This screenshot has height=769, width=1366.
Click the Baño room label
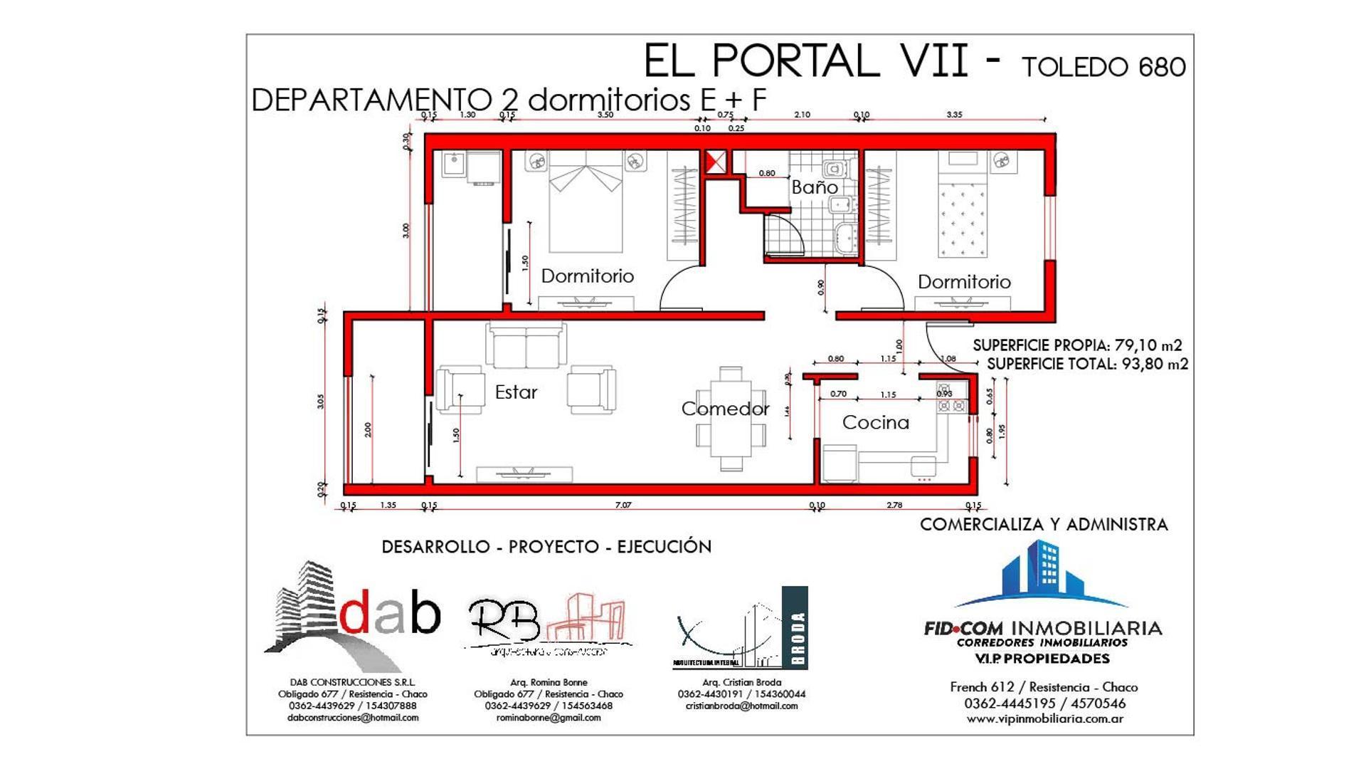(814, 187)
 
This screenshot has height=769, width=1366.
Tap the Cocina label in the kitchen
(875, 422)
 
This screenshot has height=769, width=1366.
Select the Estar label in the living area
(516, 392)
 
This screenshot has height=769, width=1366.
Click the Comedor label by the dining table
(725, 409)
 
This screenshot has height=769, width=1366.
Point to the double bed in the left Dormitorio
(586, 206)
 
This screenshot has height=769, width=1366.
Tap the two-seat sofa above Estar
(526, 347)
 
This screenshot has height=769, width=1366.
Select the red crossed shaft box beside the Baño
(716, 162)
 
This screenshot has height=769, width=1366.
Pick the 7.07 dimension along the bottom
(623, 505)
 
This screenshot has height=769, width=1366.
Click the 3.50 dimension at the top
(605, 115)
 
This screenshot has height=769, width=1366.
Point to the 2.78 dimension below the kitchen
(894, 505)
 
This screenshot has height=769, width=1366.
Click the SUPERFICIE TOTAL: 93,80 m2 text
(1087, 364)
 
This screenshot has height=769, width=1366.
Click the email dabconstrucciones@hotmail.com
(353, 718)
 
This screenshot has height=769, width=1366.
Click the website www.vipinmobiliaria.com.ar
(1044, 719)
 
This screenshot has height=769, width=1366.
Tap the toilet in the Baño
(834, 169)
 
